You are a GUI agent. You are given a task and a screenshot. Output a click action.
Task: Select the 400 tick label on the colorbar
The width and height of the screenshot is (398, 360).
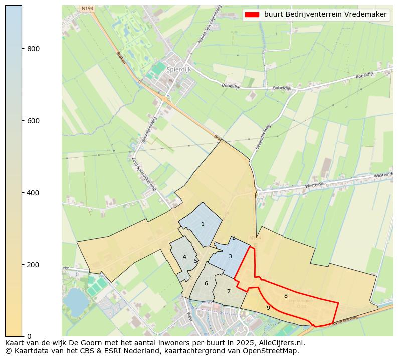pos(33,193)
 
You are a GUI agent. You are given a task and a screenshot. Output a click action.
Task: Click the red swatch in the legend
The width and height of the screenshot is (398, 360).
pos(253,15)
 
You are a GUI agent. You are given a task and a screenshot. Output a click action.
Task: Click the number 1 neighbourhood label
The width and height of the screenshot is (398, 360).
pos(203,224)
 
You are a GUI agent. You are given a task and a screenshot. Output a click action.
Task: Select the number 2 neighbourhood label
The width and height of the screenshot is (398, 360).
pos(234,238)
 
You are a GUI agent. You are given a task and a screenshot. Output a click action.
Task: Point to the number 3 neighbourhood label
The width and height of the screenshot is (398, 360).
pos(230,257)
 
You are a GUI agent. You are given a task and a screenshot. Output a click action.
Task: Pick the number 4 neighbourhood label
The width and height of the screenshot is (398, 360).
pos(184,257)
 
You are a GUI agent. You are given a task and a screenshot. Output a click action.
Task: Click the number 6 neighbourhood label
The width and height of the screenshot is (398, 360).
pos(206,284)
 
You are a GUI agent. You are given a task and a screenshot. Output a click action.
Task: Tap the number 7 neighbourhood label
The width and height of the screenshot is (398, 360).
pos(229,291)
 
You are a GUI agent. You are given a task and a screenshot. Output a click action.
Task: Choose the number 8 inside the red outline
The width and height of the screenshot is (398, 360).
pos(286,296)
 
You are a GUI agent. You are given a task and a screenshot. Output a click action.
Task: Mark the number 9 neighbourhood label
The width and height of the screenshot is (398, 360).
pos(268,308)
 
